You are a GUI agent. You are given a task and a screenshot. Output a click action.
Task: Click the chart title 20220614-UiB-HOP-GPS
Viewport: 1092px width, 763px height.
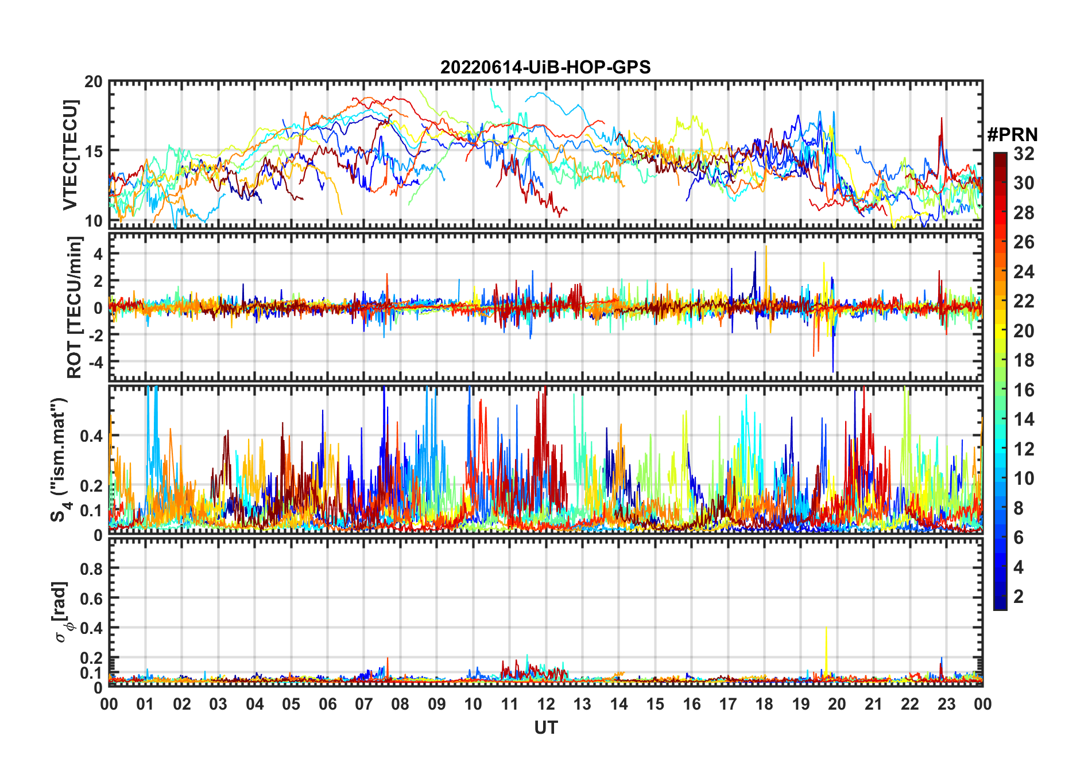(545, 68)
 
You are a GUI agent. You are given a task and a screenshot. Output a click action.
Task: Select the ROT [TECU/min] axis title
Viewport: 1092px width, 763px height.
(75, 307)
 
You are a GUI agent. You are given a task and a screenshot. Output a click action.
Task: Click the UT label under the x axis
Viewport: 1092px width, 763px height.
(545, 728)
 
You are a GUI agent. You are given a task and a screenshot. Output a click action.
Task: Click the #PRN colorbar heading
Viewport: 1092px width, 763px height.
(1012, 135)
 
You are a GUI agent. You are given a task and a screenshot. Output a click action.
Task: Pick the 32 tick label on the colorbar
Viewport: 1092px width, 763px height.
(1024, 154)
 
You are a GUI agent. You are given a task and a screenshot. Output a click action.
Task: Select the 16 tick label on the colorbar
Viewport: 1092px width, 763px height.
(1024, 390)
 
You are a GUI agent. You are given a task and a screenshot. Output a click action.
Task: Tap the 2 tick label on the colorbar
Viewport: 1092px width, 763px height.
(1019, 597)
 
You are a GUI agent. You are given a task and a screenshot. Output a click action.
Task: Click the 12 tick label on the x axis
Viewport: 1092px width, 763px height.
(546, 704)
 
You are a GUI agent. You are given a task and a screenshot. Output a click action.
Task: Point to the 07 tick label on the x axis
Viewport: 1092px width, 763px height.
(364, 704)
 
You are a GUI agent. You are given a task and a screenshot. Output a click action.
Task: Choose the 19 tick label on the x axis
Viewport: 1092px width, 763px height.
(801, 704)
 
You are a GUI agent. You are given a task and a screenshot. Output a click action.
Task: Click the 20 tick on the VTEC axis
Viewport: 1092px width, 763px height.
(94, 82)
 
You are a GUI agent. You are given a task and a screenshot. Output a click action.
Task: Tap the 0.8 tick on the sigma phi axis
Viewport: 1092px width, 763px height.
(92, 569)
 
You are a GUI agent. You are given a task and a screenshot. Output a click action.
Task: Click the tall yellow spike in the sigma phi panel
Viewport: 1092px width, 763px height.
(826, 637)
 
